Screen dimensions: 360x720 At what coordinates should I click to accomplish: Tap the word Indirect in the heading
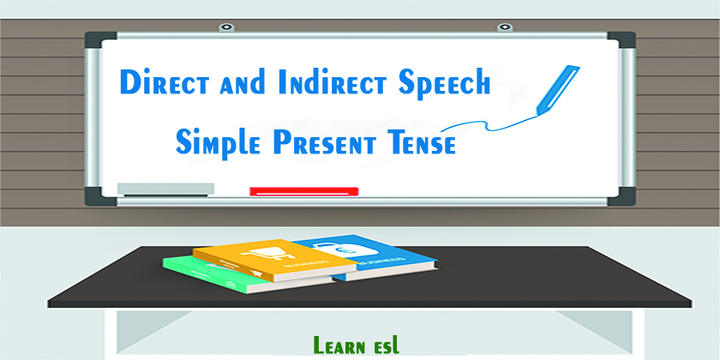(x=310, y=83)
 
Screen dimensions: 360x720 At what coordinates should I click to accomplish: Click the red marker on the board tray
(x=303, y=190)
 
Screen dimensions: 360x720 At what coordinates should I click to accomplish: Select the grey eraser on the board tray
(x=165, y=189)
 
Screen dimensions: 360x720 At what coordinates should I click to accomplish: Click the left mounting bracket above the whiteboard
(x=227, y=27)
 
